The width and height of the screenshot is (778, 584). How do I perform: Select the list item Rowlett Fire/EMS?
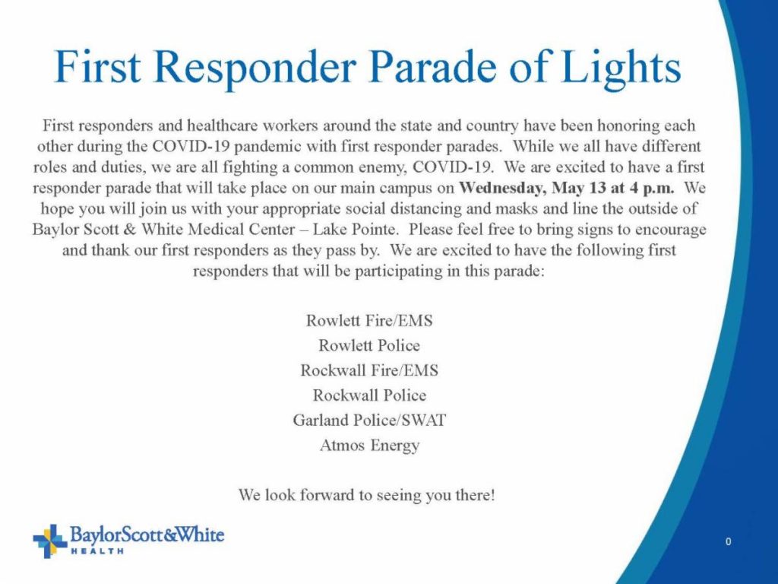click(369, 320)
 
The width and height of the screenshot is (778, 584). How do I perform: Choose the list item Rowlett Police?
click(369, 345)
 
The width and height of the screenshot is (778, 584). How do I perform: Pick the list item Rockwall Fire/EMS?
click(369, 370)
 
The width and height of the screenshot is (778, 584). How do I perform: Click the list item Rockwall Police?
click(369, 395)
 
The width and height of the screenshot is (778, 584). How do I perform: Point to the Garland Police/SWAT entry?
click(369, 420)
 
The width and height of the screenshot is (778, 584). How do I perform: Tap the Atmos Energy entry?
click(369, 446)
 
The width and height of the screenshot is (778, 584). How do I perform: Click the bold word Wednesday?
click(501, 189)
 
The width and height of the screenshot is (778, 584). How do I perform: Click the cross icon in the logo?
click(49, 541)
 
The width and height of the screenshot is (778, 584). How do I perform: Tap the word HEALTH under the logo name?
click(97, 551)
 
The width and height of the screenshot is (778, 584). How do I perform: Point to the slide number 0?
click(728, 541)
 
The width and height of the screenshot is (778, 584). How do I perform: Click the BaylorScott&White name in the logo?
click(147, 535)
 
